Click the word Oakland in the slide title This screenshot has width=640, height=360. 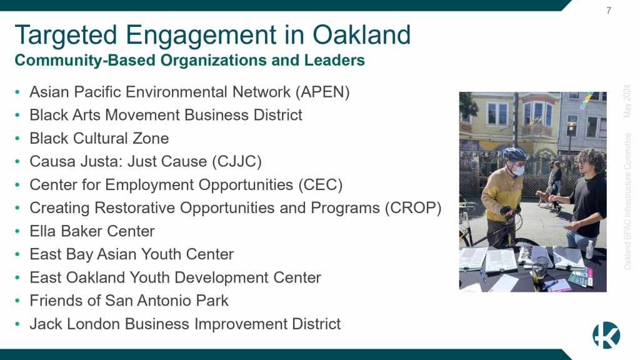tap(362, 35)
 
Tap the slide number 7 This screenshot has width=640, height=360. tap(609, 10)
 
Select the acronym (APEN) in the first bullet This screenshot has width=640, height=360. tap(322, 92)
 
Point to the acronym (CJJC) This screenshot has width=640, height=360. tap(237, 162)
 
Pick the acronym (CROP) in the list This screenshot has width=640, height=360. tap(413, 208)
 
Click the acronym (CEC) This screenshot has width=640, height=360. tap(321, 185)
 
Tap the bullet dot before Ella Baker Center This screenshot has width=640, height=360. tap(17, 231)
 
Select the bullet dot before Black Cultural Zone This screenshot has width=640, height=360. tap(17, 139)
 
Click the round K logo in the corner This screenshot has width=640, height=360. tap(606, 335)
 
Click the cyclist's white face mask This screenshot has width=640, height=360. tap(518, 169)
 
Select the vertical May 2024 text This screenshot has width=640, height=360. tap(627, 101)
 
